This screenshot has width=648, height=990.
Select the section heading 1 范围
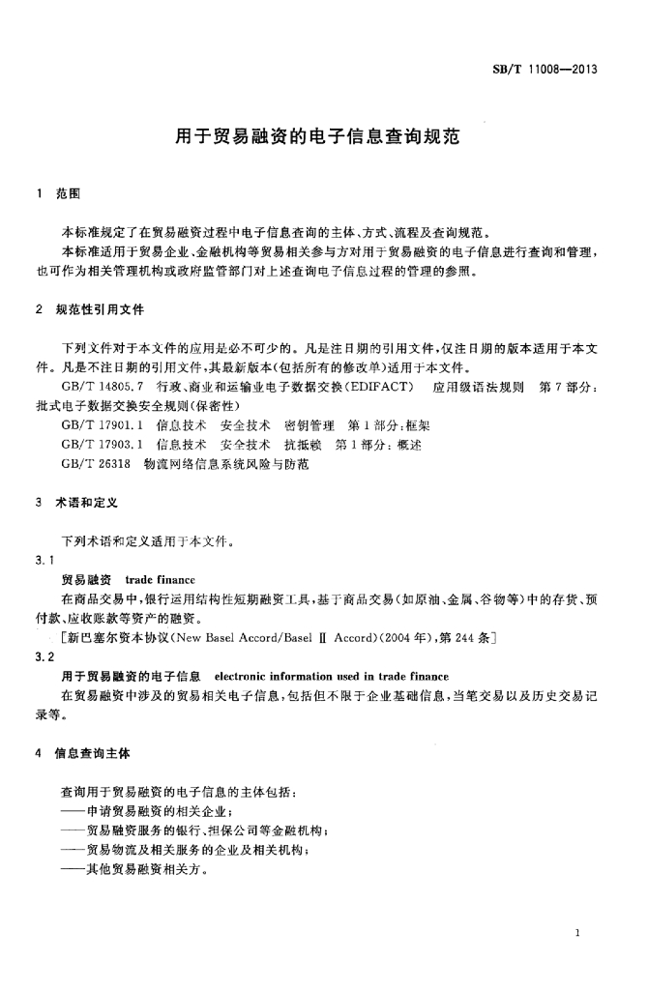point(58,193)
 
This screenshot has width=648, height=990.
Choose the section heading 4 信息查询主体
point(82,751)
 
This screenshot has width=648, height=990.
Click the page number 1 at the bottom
point(576,933)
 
